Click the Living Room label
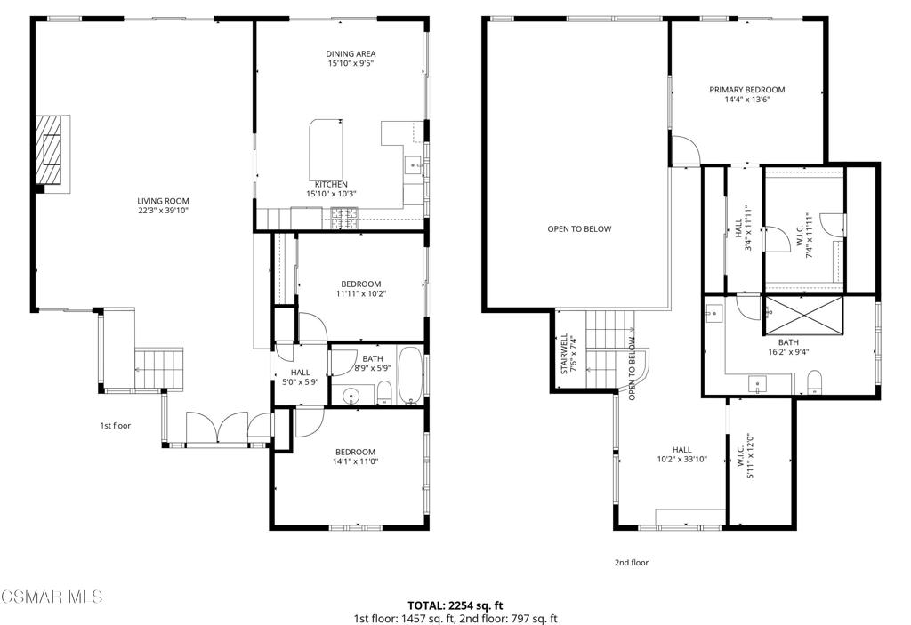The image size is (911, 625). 163,201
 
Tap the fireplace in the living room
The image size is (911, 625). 52,154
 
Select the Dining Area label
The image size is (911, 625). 351,53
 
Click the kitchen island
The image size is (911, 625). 326,150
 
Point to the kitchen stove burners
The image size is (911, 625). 345,218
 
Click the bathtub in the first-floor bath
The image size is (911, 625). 411,375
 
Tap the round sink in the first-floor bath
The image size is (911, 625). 351,397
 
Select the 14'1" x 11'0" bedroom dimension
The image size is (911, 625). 355,461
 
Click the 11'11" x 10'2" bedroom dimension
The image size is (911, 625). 361,294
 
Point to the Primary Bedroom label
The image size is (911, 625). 747,90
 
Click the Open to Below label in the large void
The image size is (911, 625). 579,228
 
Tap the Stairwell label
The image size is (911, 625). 563,353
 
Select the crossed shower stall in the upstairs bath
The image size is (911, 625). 802,316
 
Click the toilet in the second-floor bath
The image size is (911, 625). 815,382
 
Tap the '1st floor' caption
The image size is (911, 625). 116,426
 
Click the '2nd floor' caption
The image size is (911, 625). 632,562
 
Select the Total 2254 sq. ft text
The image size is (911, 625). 455,605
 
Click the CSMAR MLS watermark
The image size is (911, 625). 52,597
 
